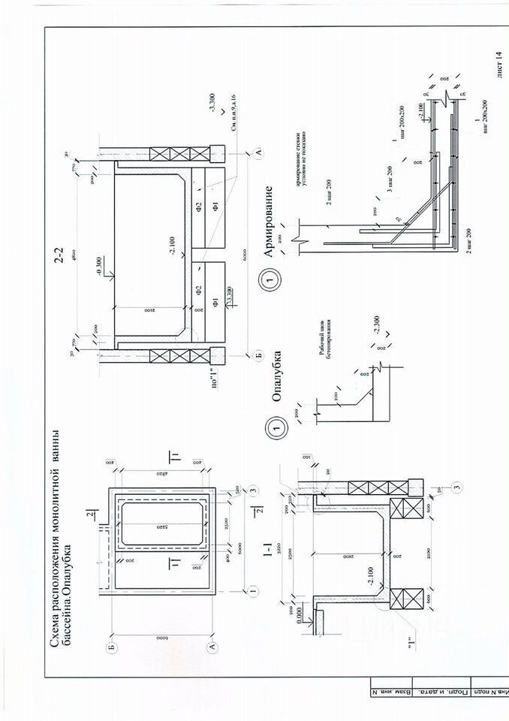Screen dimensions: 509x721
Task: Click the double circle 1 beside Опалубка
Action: pyautogui.click(x=272, y=426)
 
